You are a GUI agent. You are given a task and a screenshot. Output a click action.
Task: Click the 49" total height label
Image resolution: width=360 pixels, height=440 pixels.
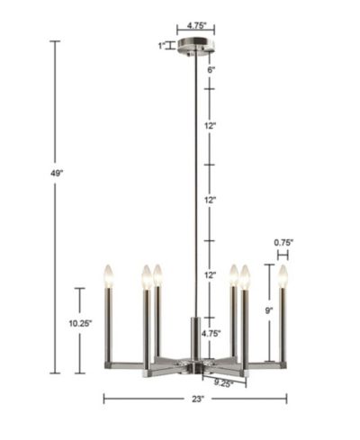click(57, 174)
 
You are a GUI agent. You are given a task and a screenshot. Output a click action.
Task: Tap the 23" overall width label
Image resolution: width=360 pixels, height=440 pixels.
click(198, 399)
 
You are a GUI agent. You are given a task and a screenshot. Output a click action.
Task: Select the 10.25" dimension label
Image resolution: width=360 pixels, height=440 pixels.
click(80, 323)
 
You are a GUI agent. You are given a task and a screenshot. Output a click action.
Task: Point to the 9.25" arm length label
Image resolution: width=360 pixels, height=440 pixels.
click(224, 383)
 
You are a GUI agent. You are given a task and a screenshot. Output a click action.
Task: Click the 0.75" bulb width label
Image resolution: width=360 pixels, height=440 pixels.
click(283, 242)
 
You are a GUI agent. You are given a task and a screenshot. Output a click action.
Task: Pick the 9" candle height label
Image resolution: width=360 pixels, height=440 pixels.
click(269, 310)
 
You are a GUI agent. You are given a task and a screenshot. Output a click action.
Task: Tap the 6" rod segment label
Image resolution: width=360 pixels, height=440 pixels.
click(211, 70)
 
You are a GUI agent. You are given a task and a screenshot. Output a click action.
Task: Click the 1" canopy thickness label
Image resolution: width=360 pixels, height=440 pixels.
click(162, 46)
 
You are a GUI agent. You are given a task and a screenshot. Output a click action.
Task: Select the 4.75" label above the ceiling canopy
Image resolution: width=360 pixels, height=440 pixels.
click(197, 25)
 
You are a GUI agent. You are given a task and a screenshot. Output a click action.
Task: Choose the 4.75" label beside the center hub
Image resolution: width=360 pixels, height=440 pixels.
click(211, 333)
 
